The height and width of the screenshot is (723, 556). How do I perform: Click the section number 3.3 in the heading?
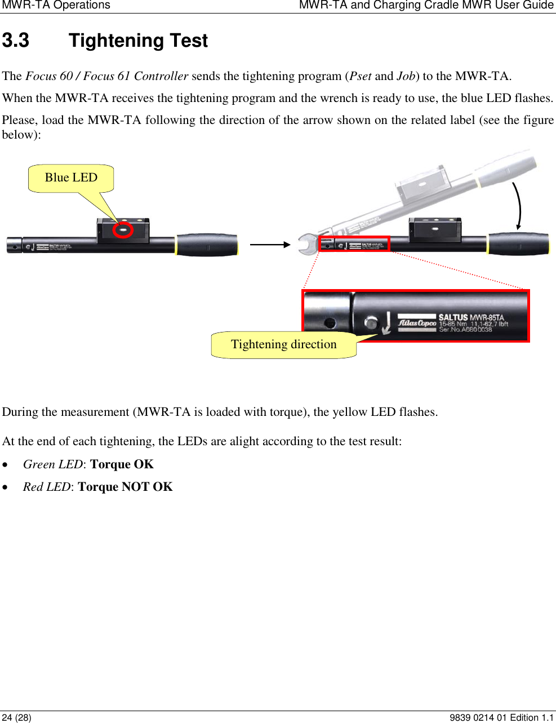[16, 41]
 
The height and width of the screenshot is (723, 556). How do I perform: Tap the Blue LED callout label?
[71, 178]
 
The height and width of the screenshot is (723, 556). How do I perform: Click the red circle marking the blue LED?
[123, 230]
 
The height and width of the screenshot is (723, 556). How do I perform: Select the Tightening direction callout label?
[283, 344]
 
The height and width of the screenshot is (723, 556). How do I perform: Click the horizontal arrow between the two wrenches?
[270, 245]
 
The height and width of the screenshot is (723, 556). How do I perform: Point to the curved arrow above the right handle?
[518, 206]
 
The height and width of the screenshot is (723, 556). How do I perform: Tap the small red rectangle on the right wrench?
[354, 243]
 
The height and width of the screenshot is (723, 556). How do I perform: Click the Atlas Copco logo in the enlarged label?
[417, 323]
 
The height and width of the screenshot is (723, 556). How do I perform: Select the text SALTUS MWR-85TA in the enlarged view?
[471, 317]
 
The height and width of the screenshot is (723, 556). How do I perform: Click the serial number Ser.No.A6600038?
[465, 330]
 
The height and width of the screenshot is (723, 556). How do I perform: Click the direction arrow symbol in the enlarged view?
[386, 323]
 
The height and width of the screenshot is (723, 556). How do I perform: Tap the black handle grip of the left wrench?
[207, 245]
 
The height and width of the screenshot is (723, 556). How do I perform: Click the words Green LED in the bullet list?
[52, 464]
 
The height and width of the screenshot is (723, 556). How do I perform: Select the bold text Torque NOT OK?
[125, 487]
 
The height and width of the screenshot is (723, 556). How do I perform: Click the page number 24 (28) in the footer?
[16, 717]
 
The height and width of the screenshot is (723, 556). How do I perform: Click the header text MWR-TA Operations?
[56, 6]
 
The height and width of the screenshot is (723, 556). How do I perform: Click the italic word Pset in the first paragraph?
[360, 76]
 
